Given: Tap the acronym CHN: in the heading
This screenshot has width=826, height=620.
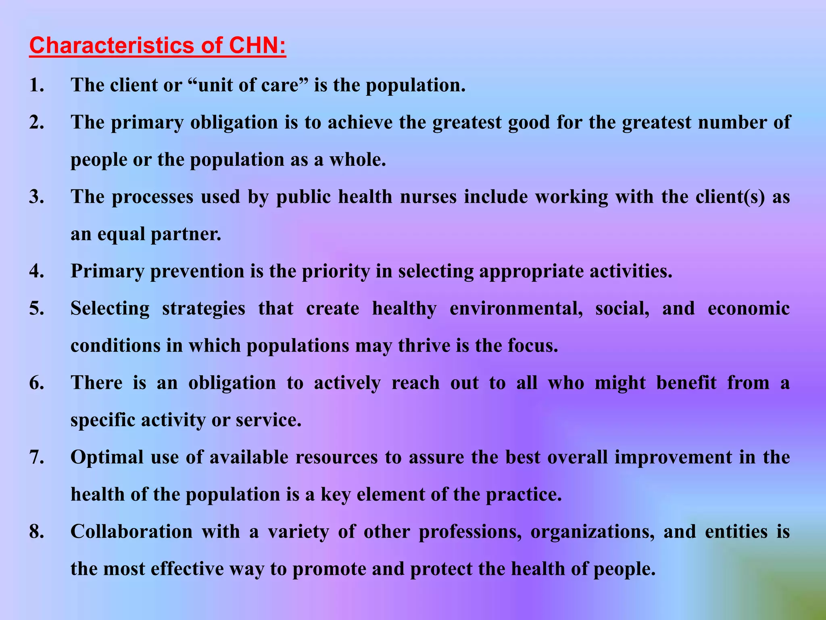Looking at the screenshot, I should (x=257, y=45).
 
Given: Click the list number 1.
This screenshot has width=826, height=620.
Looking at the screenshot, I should (x=36, y=85).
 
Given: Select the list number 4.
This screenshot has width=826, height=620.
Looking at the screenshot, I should (x=36, y=271).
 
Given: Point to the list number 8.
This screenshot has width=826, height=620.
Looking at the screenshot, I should (x=36, y=532).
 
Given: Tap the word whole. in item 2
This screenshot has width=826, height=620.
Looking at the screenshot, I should (x=357, y=159).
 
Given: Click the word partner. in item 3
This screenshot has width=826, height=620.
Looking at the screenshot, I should (x=186, y=234).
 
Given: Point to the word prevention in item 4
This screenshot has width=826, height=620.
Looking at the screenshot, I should (x=197, y=271).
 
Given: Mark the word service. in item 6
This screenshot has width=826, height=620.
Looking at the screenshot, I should (x=269, y=420).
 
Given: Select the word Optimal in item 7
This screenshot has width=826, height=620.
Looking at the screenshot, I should (x=107, y=457).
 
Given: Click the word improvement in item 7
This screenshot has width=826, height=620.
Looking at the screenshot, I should (x=673, y=457).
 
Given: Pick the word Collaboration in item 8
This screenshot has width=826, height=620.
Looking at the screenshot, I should (x=131, y=532).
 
